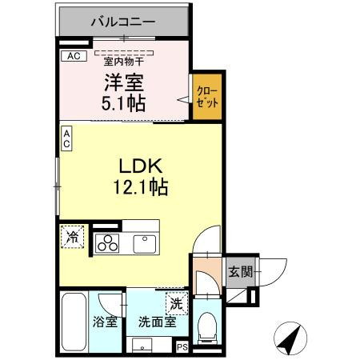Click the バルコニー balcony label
pos(122,22)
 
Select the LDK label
pos(142,166)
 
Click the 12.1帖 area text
pos(142,188)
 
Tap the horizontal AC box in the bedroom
pos(74,56)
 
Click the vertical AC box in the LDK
pos(67,138)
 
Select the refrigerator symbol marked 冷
pos(73,237)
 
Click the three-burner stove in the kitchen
pos(108,243)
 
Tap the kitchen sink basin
pos(144,242)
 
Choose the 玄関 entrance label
pos(239,272)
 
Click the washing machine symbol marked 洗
pos(176,304)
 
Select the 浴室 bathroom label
pos(106,323)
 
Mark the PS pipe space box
pos(182,346)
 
